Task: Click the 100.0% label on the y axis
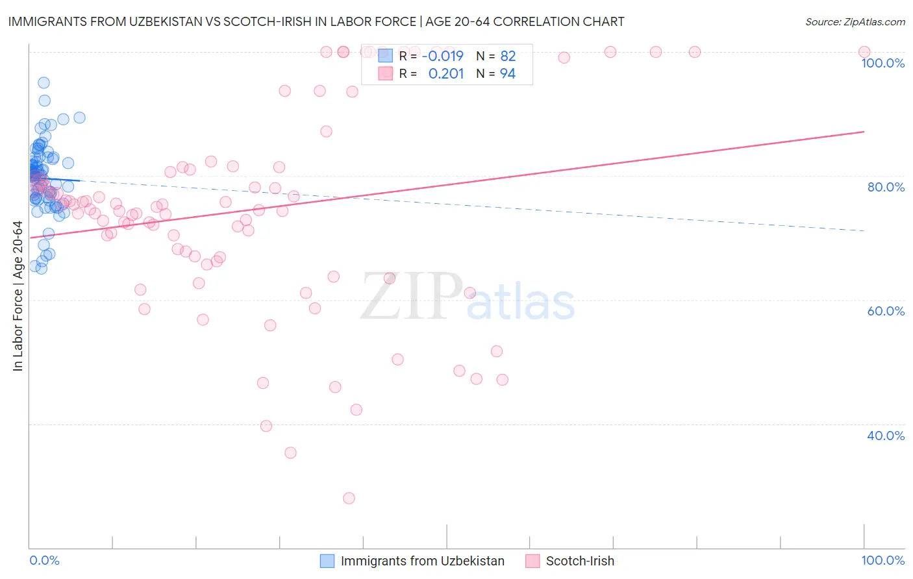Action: (x=882, y=63)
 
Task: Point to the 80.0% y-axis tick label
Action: (x=886, y=187)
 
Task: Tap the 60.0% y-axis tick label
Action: (x=886, y=311)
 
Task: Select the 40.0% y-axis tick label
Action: (x=886, y=436)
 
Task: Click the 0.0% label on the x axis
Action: (x=44, y=560)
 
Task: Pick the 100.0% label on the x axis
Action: (x=882, y=560)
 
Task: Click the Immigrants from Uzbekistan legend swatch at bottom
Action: (x=327, y=561)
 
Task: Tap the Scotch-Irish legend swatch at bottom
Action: (x=532, y=561)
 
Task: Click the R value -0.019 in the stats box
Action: (x=442, y=56)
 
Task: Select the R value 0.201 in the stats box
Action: (x=446, y=74)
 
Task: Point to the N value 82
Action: (x=507, y=56)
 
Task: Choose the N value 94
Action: (x=507, y=74)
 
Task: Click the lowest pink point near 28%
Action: (x=349, y=498)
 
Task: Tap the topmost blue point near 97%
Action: (x=44, y=82)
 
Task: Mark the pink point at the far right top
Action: (x=864, y=52)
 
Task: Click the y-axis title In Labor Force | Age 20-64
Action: (x=18, y=296)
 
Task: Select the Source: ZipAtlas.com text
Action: (x=855, y=22)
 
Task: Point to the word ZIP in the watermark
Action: (x=411, y=297)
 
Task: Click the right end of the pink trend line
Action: (x=864, y=132)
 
